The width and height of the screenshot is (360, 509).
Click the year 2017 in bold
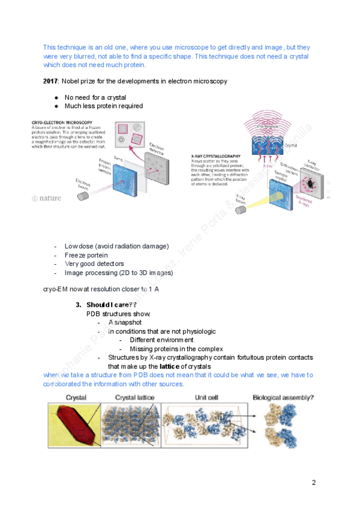[50, 81]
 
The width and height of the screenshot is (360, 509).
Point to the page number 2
[313, 482]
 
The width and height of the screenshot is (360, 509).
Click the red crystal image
[70, 425]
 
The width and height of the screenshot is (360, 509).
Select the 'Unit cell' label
[209, 397]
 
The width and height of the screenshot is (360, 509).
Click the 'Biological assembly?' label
[284, 397]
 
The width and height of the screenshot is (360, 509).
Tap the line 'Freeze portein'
[86, 255]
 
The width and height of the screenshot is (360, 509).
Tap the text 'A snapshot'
[127, 322]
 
